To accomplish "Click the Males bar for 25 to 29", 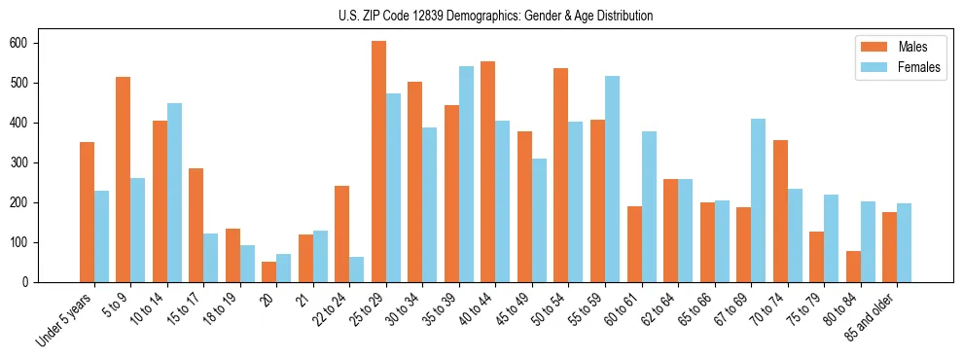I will coord(378,162).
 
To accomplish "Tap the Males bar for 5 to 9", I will coord(124,179).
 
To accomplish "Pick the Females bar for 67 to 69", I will coord(758,200).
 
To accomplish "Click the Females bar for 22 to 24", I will coord(357,270).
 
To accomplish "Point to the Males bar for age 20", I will coord(269,271).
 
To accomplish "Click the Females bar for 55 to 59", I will coord(612,179).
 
